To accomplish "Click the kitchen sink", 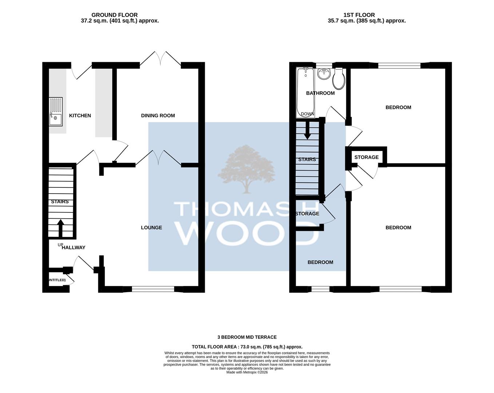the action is point(56,112).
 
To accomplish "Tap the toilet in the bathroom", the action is point(339,79).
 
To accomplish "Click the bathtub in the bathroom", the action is point(305,92).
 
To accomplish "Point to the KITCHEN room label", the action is point(80,115).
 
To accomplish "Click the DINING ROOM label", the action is point(158,115).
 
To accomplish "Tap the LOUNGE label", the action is point(151,227).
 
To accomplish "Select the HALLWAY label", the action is point(73,247).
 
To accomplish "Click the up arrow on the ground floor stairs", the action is point(61,228).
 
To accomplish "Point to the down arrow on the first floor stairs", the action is point(307,130).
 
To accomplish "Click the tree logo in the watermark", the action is point(247,169).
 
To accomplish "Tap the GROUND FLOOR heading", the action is point(115,15).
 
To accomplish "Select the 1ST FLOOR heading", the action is point(359,15).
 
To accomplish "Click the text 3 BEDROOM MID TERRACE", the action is point(247,337).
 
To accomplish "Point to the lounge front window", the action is point(153,289).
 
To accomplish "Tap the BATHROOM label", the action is point(320,93).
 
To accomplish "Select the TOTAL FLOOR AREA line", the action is point(247,347).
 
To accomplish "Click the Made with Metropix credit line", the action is point(247,372).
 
